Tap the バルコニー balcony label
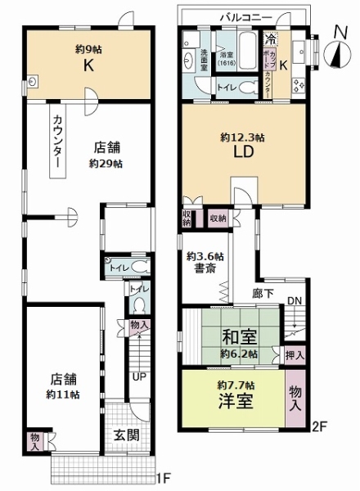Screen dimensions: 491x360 tap(245, 16)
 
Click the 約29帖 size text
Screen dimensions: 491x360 tap(106, 163)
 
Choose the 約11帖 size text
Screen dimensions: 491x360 tap(62, 394)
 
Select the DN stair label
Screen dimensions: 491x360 tap(295, 301)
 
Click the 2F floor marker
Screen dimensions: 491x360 tap(319, 425)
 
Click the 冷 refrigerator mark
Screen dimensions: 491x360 tap(270, 38)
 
